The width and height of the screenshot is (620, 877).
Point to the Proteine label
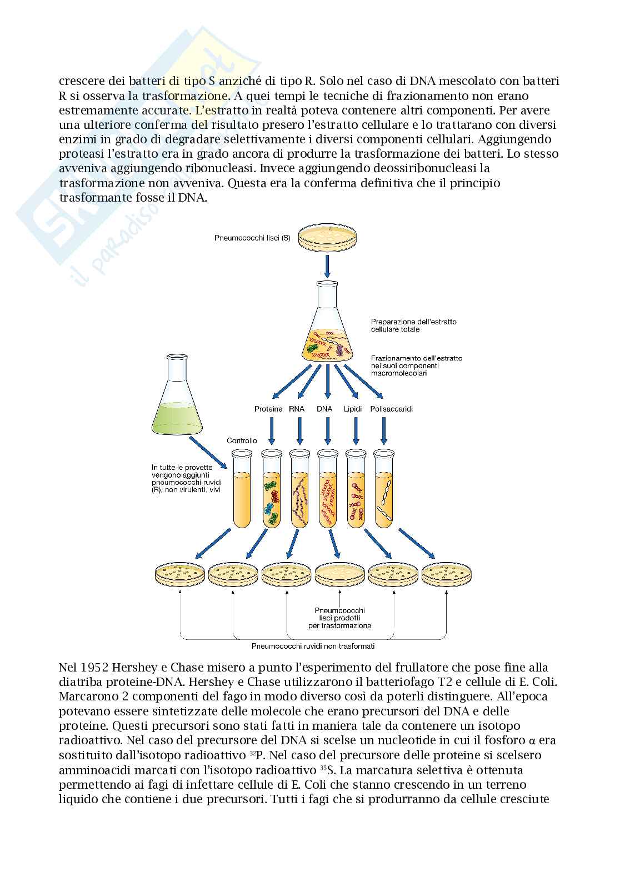point(268,409)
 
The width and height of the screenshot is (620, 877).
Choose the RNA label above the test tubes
point(297,409)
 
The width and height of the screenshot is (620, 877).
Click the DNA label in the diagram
point(324,409)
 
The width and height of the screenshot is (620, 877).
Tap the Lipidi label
point(353,409)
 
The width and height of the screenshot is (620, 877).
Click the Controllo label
point(242,440)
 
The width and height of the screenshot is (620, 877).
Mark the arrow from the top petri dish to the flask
point(327,267)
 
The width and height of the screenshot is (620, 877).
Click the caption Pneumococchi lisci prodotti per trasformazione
point(339,618)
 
